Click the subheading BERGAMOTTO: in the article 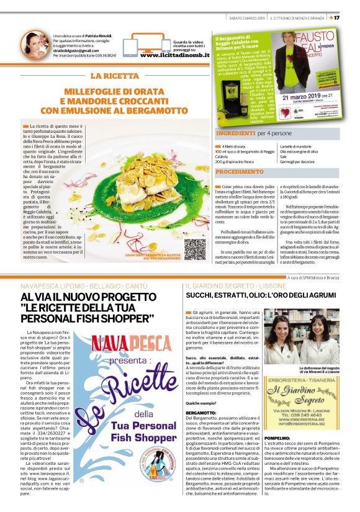(202, 411)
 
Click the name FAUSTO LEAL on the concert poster (317, 48)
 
